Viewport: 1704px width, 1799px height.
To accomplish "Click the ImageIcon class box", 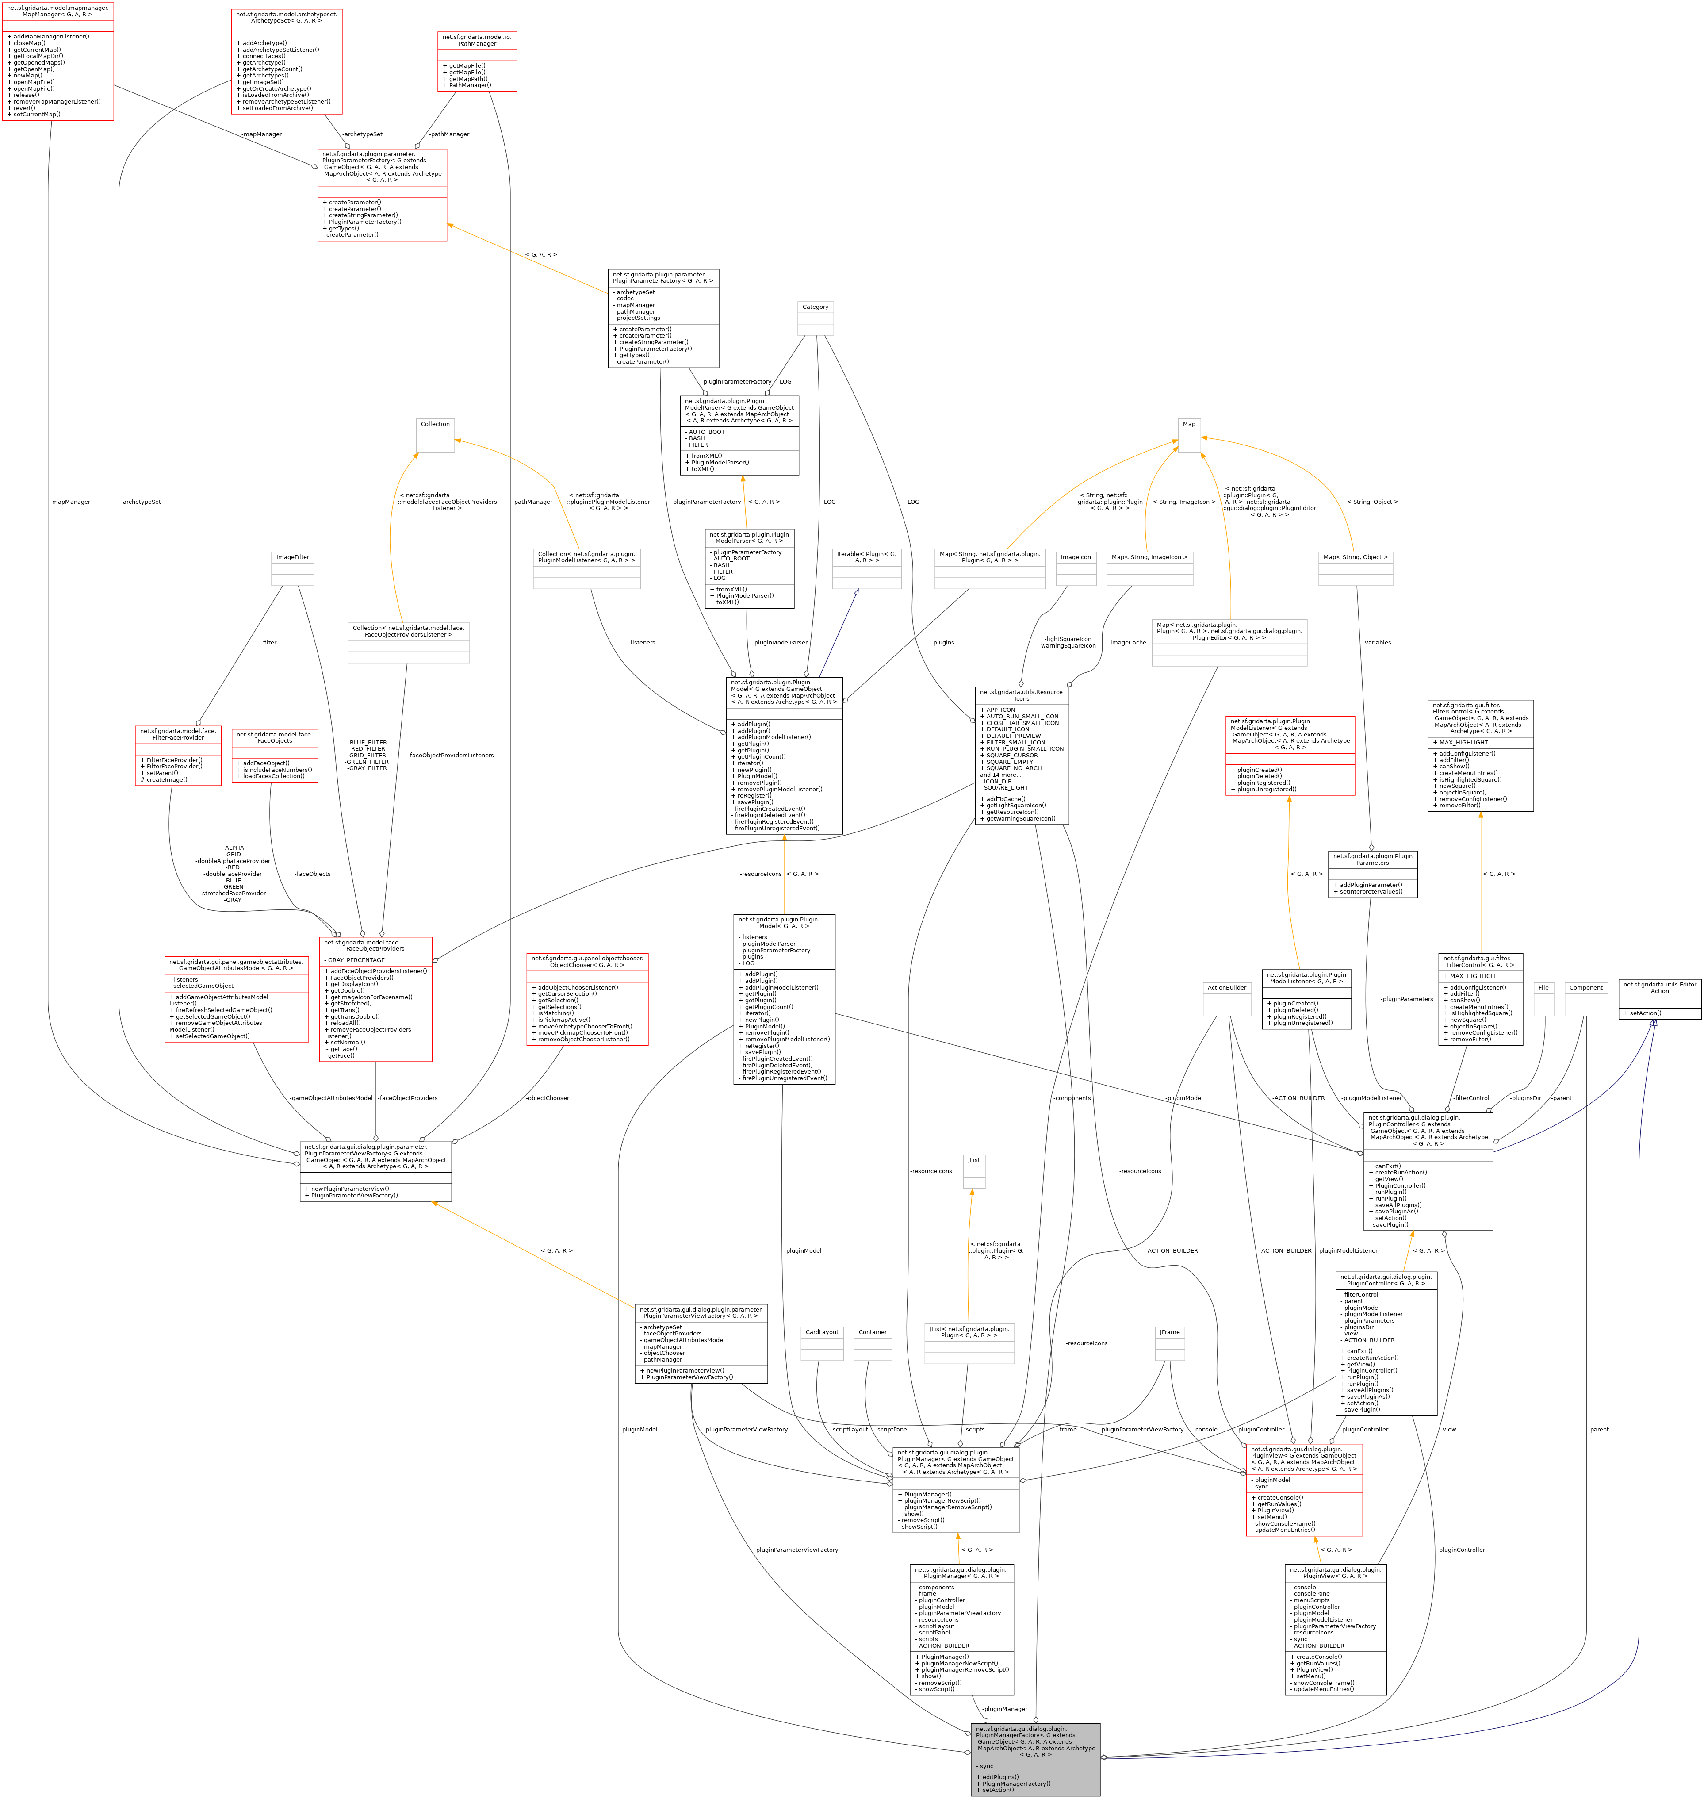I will tap(1076, 569).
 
